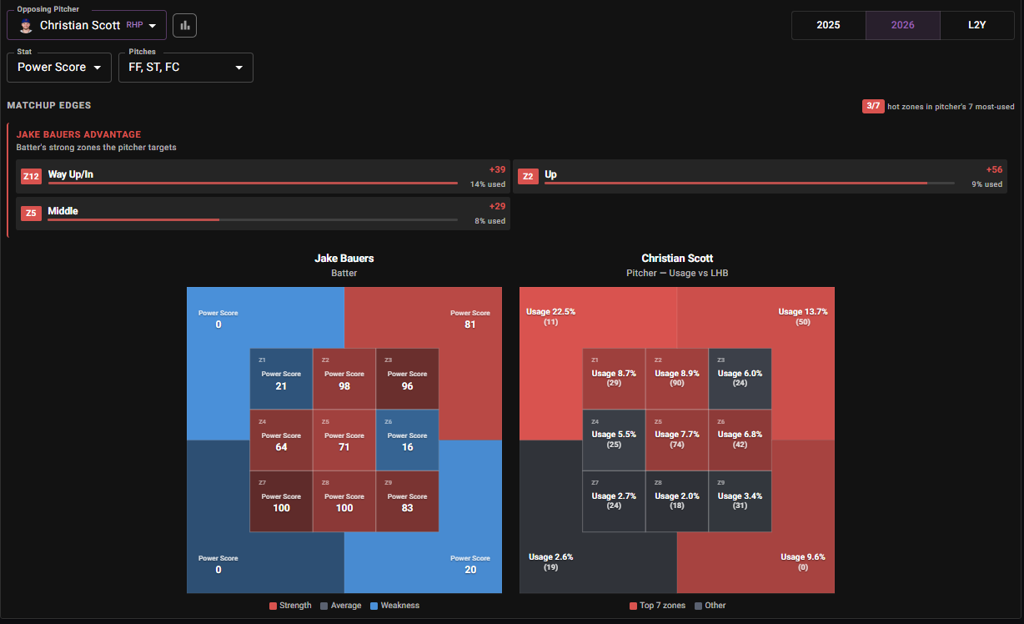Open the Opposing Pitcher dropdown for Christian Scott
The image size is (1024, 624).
87,25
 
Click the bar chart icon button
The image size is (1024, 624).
184,25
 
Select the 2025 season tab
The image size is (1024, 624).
828,25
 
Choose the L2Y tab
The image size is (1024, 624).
977,25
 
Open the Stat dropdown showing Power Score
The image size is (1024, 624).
59,68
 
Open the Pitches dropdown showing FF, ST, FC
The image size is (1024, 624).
186,68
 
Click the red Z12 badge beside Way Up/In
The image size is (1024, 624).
31,176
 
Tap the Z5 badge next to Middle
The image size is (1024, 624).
31,213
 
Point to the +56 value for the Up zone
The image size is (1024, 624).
994,169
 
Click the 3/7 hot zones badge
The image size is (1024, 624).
873,106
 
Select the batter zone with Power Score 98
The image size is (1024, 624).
344,379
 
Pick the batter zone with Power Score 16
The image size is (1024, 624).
407,440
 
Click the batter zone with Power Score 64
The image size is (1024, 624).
281,440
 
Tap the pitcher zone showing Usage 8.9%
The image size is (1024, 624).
677,379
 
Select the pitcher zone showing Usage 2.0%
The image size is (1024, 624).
677,501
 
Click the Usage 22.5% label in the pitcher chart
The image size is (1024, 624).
551,311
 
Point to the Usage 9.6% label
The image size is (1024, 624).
803,556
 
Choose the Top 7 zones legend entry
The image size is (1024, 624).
657,606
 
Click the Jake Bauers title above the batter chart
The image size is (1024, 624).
344,259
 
